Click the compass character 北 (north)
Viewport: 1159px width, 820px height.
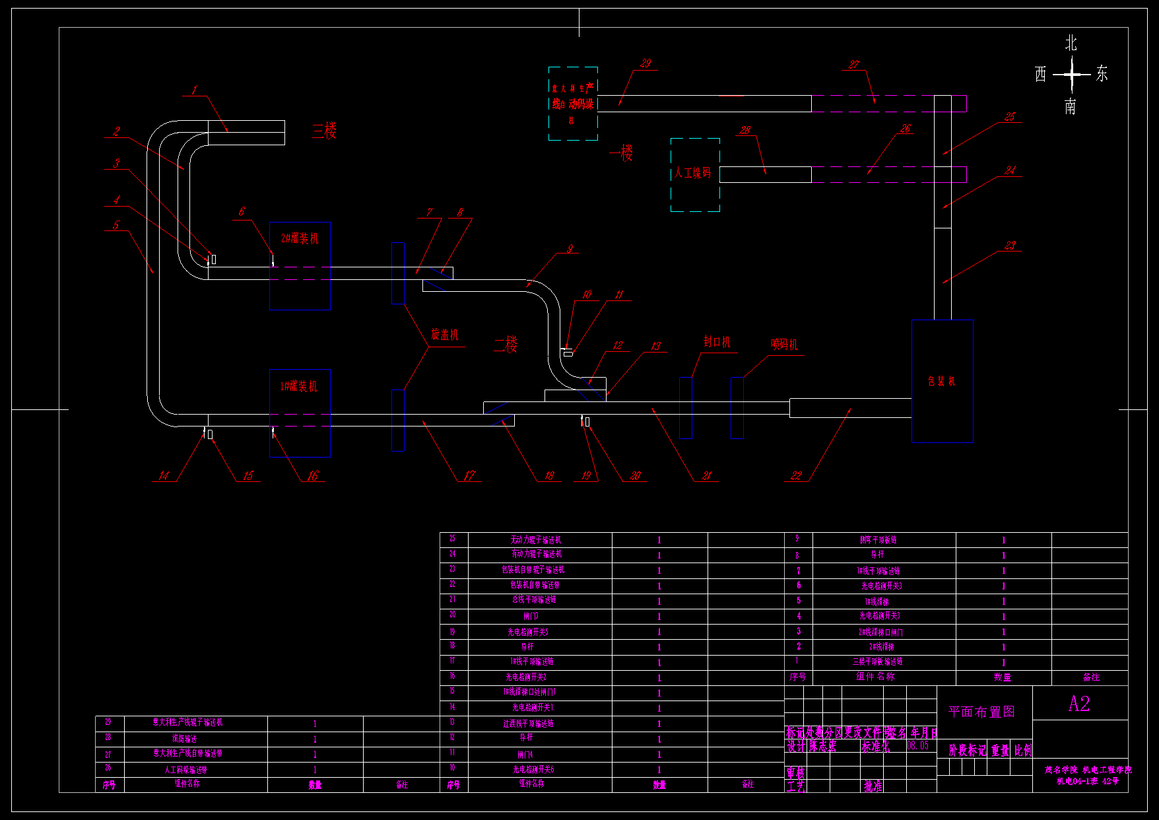(1071, 44)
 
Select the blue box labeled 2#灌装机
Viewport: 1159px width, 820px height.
(300, 265)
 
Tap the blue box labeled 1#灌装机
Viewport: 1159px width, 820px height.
(300, 413)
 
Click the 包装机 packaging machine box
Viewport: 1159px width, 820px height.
(942, 381)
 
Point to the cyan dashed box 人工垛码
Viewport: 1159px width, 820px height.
(695, 174)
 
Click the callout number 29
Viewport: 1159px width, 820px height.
(646, 63)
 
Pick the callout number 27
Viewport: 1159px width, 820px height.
(854, 64)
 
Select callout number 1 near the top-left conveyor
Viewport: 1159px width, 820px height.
(195, 90)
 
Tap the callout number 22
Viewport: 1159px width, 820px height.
(797, 475)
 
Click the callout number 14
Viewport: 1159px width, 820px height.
(164, 475)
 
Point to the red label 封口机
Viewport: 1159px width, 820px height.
(717, 341)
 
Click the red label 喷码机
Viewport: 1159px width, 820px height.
(784, 344)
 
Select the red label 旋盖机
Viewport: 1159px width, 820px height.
(444, 335)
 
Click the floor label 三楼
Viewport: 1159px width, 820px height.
(325, 131)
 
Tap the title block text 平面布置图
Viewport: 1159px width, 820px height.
(981, 712)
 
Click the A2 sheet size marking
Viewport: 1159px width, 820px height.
(1079, 704)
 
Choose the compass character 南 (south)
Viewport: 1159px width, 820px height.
(1071, 106)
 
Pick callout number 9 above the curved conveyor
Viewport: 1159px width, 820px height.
(570, 249)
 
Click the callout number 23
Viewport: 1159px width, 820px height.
(1010, 246)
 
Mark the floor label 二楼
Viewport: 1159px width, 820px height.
(506, 344)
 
